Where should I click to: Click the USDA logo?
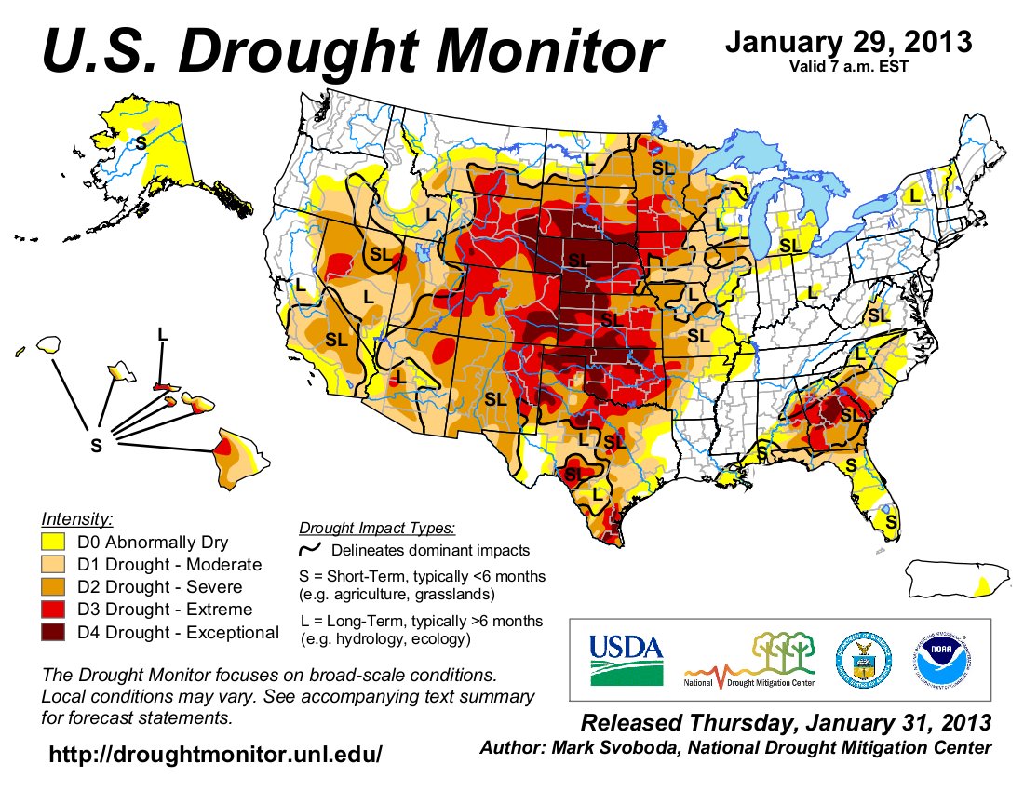click(x=625, y=659)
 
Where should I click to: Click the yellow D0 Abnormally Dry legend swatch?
click(x=54, y=543)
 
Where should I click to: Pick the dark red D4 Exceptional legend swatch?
click(x=54, y=633)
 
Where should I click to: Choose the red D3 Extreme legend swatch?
click(x=54, y=610)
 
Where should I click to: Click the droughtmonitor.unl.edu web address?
click(x=215, y=754)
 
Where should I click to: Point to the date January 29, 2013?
click(x=848, y=42)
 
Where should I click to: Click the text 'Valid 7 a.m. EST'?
click(x=848, y=65)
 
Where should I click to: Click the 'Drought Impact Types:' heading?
click(x=377, y=529)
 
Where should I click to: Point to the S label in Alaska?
click(x=141, y=142)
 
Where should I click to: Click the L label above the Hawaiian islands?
click(x=163, y=333)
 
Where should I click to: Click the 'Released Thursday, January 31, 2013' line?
click(x=786, y=723)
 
